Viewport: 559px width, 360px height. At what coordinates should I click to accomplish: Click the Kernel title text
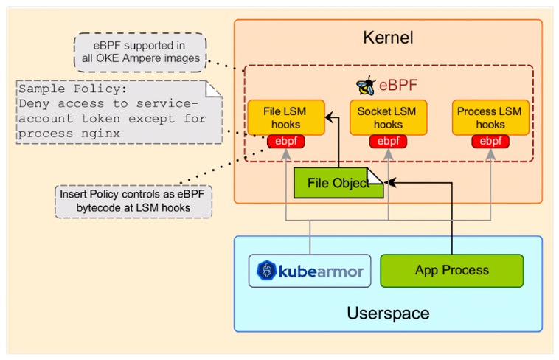pyautogui.click(x=388, y=38)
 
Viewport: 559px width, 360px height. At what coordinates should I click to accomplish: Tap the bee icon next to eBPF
pyautogui.click(x=364, y=85)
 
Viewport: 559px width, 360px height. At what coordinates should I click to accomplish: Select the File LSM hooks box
pyautogui.click(x=285, y=117)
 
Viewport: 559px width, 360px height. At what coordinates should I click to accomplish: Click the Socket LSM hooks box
pyautogui.click(x=388, y=117)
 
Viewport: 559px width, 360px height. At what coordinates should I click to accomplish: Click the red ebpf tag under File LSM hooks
pyautogui.click(x=285, y=141)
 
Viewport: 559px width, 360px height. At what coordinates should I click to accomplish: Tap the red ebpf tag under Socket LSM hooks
pyautogui.click(x=388, y=141)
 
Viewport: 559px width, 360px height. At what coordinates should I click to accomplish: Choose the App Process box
pyautogui.click(x=451, y=271)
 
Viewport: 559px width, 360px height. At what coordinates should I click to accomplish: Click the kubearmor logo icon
pyautogui.click(x=266, y=271)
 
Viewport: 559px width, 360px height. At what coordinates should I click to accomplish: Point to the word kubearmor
pyautogui.click(x=321, y=271)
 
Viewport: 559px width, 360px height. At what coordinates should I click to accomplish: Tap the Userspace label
pyautogui.click(x=388, y=313)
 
